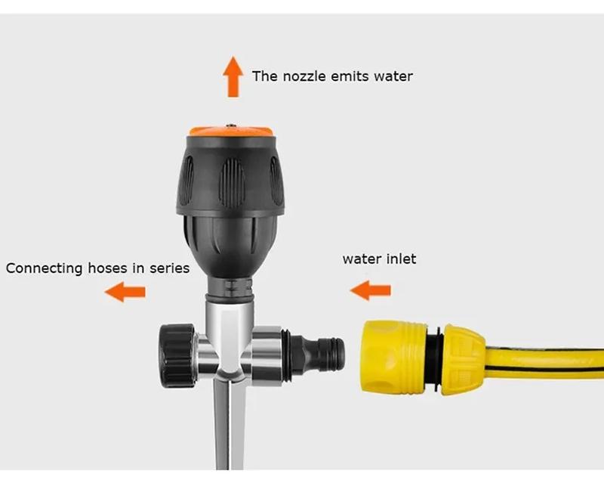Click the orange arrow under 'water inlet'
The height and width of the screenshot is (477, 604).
pos(370,290)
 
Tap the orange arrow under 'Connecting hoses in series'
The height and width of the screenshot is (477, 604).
pos(125,291)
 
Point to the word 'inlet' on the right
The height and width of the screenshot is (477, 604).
pos(400,259)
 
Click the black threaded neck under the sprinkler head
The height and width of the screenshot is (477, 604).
pos(231,287)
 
